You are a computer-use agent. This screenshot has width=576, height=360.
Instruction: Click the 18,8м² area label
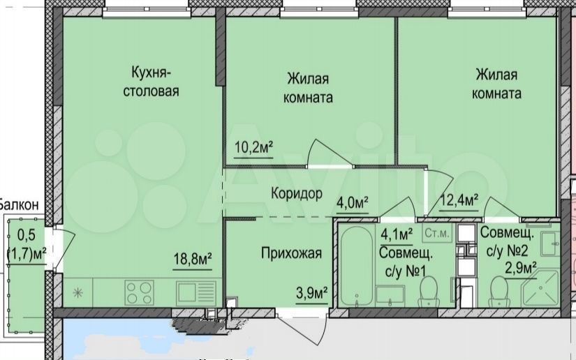[193, 259]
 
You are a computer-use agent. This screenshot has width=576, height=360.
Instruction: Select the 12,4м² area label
[459, 200]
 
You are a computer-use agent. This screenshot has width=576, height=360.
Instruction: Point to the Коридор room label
[297, 193]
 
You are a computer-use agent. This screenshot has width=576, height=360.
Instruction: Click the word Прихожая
[291, 253]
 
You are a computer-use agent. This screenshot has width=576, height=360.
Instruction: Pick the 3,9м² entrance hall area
[312, 293]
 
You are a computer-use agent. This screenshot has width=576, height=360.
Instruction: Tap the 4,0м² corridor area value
[353, 202]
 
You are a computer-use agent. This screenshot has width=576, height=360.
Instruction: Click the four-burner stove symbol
[139, 292]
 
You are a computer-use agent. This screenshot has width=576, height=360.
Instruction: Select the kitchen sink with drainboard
[195, 293]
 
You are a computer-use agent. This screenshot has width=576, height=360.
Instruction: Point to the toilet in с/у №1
[429, 292]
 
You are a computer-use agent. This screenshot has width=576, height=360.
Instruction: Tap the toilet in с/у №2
[499, 292]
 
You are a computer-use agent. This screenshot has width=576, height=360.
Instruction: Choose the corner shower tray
[540, 288]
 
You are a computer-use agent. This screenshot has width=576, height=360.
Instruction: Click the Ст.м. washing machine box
[437, 233]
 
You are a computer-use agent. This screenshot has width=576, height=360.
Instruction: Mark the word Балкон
[19, 204]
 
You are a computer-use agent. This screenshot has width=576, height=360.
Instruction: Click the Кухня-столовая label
[151, 82]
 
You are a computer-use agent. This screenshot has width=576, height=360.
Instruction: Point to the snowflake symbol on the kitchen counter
[78, 293]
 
